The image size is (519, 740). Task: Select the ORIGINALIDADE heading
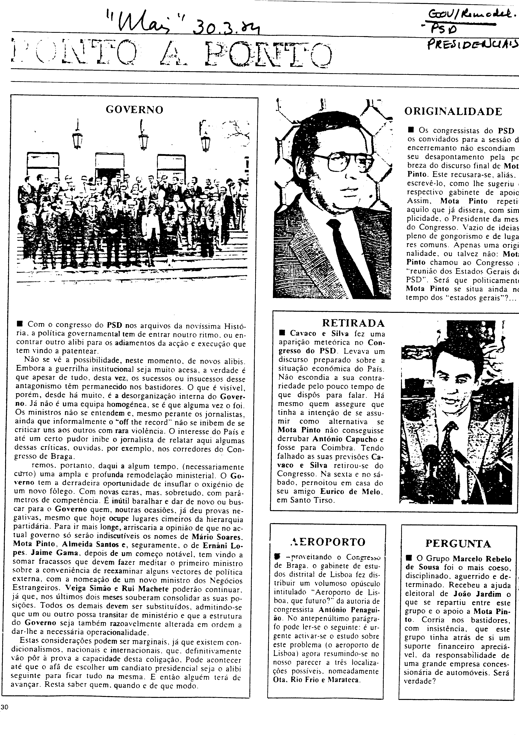(x=453, y=112)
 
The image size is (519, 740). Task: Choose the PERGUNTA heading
(x=458, y=544)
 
